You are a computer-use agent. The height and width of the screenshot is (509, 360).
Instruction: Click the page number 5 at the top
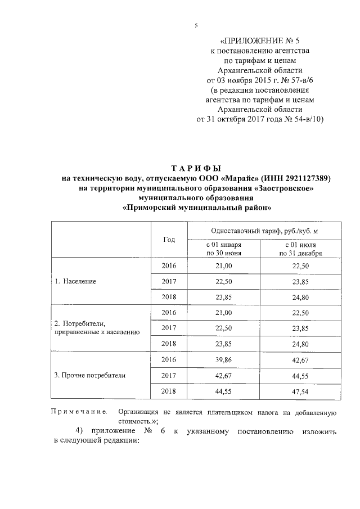196,25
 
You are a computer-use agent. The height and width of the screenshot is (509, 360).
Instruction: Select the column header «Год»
169,240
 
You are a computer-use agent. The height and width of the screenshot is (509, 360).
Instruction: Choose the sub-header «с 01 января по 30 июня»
224,249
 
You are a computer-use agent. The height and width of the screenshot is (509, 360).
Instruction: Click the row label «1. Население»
76,281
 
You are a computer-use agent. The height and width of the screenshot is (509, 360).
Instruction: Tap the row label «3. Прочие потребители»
89,375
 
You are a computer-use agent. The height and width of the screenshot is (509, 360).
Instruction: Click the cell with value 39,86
224,359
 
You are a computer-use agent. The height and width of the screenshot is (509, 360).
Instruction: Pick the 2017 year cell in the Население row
169,281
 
